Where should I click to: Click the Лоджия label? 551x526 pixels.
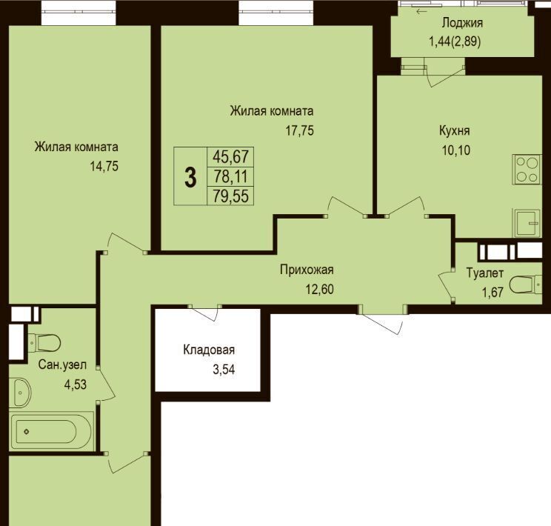coord(462,23)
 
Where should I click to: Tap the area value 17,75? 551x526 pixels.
coord(299,131)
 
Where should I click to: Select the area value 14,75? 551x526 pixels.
coord(104,166)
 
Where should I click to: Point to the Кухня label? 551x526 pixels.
coord(455,131)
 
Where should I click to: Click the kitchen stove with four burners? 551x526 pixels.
coord(527,169)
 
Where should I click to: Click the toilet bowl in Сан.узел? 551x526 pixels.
coord(44,342)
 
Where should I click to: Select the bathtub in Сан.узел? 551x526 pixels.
coord(51,431)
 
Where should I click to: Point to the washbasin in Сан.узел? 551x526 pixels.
coord(20,393)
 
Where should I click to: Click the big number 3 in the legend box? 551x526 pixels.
coord(190,178)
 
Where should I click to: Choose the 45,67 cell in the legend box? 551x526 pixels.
coord(230,156)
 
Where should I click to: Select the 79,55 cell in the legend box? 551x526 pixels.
coord(230,196)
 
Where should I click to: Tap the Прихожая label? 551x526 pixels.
coord(307,270)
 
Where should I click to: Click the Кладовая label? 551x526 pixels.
coord(209,350)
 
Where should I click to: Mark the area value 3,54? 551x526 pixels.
coord(224,370)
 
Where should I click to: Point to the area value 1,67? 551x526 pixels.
coord(492,292)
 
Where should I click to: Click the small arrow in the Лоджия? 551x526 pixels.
coord(421,12)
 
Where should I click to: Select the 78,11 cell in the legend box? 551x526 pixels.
coord(230,176)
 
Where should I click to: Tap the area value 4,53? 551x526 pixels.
coord(76,384)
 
